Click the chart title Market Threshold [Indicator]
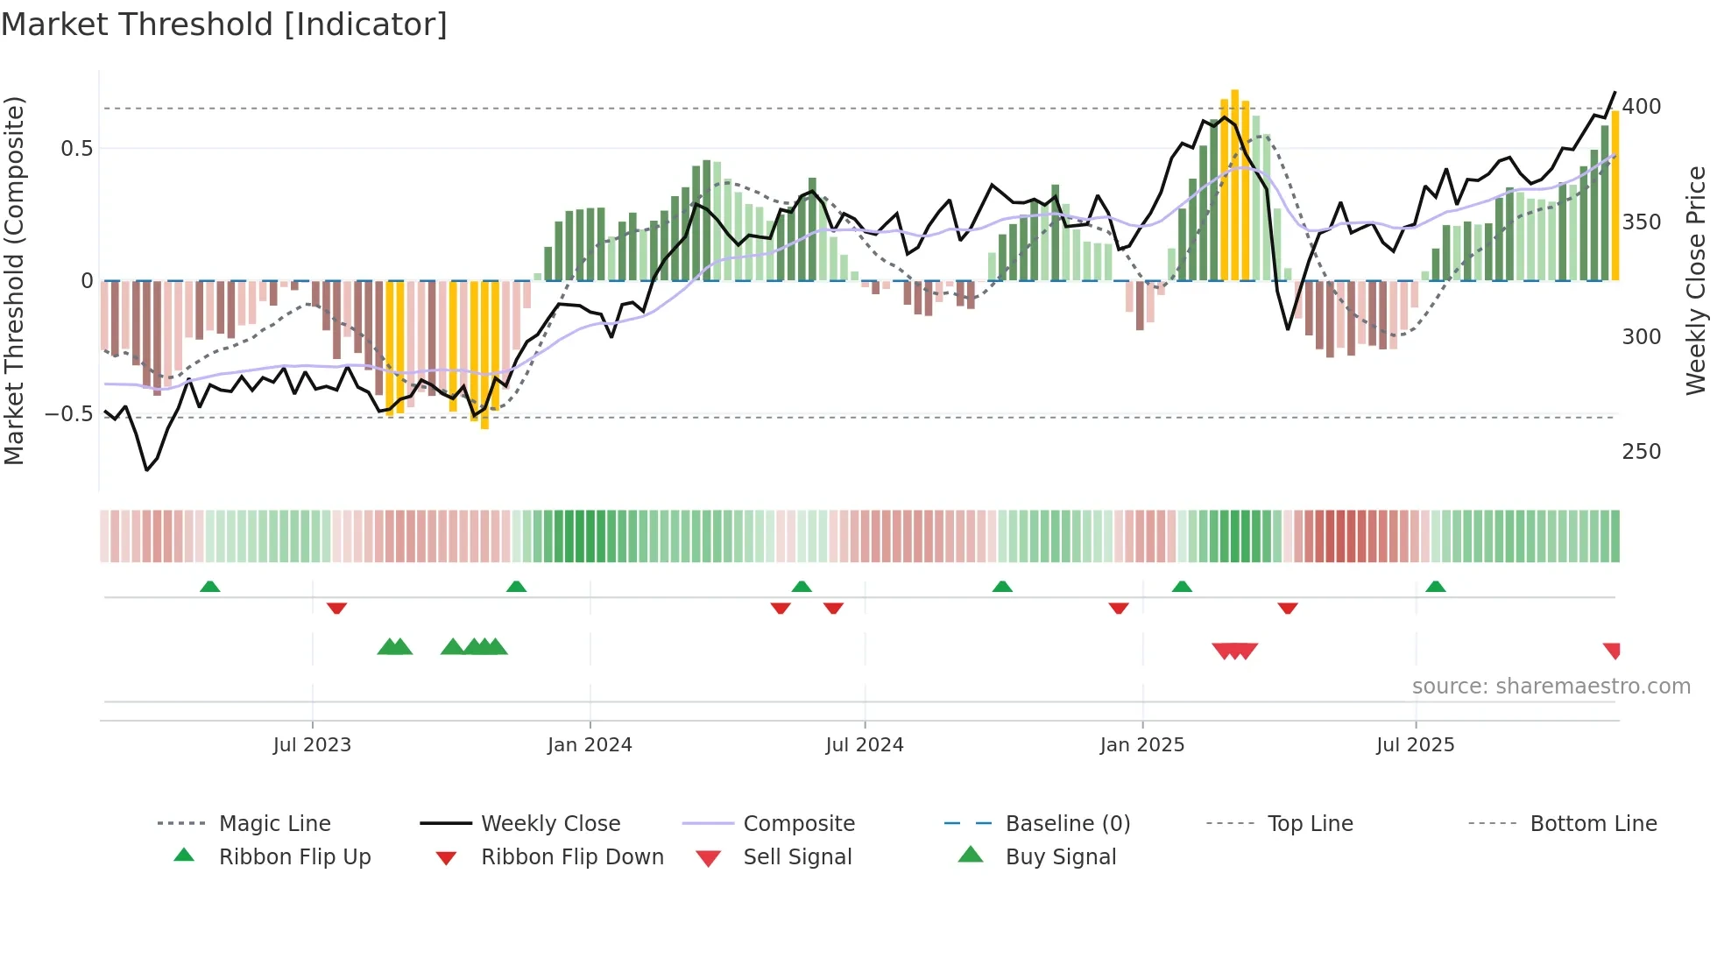click(x=224, y=25)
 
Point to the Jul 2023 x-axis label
click(x=312, y=745)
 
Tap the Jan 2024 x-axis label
click(x=590, y=745)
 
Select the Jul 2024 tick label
click(x=864, y=745)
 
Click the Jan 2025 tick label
click(x=1141, y=745)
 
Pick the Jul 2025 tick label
click(x=1415, y=745)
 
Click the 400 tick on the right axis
click(x=1641, y=107)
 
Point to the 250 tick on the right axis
click(x=1641, y=452)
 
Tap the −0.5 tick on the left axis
click(x=68, y=413)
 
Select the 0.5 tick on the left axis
click(x=76, y=149)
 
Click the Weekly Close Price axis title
click(x=1696, y=280)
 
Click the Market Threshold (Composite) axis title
click(x=14, y=280)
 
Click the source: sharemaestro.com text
click(x=1551, y=687)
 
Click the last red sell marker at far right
click(x=1612, y=650)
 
